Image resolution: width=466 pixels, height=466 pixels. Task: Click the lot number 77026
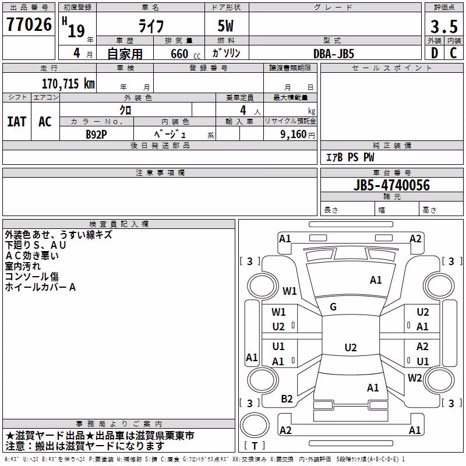tap(29, 24)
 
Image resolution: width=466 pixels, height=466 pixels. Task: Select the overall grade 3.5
tap(444, 27)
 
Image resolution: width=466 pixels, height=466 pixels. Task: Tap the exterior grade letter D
tap(435, 53)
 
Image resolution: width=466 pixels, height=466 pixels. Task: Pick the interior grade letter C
tap(453, 53)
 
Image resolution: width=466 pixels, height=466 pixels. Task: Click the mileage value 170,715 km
tap(68, 84)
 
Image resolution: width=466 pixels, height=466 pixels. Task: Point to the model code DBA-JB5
tap(334, 54)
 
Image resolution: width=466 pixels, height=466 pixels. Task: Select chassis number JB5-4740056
tap(391, 185)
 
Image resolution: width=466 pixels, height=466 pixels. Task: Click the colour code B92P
tap(96, 135)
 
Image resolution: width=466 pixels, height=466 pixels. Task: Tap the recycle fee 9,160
tap(294, 135)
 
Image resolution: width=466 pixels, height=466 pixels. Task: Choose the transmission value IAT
tap(17, 122)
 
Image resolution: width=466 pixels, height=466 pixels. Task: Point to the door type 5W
tap(225, 26)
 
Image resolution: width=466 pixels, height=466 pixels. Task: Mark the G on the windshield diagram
tap(333, 307)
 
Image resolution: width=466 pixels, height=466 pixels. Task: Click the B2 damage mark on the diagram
tap(287, 399)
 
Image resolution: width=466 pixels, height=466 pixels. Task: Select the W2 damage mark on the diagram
tap(415, 378)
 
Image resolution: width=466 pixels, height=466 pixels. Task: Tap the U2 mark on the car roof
tap(351, 347)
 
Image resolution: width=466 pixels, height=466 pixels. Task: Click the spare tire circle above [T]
tap(255, 425)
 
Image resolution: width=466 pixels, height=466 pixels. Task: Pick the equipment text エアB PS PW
tap(350, 157)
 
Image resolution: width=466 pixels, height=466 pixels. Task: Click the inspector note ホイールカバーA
tap(40, 287)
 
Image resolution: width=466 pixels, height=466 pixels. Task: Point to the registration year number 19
tap(76, 31)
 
